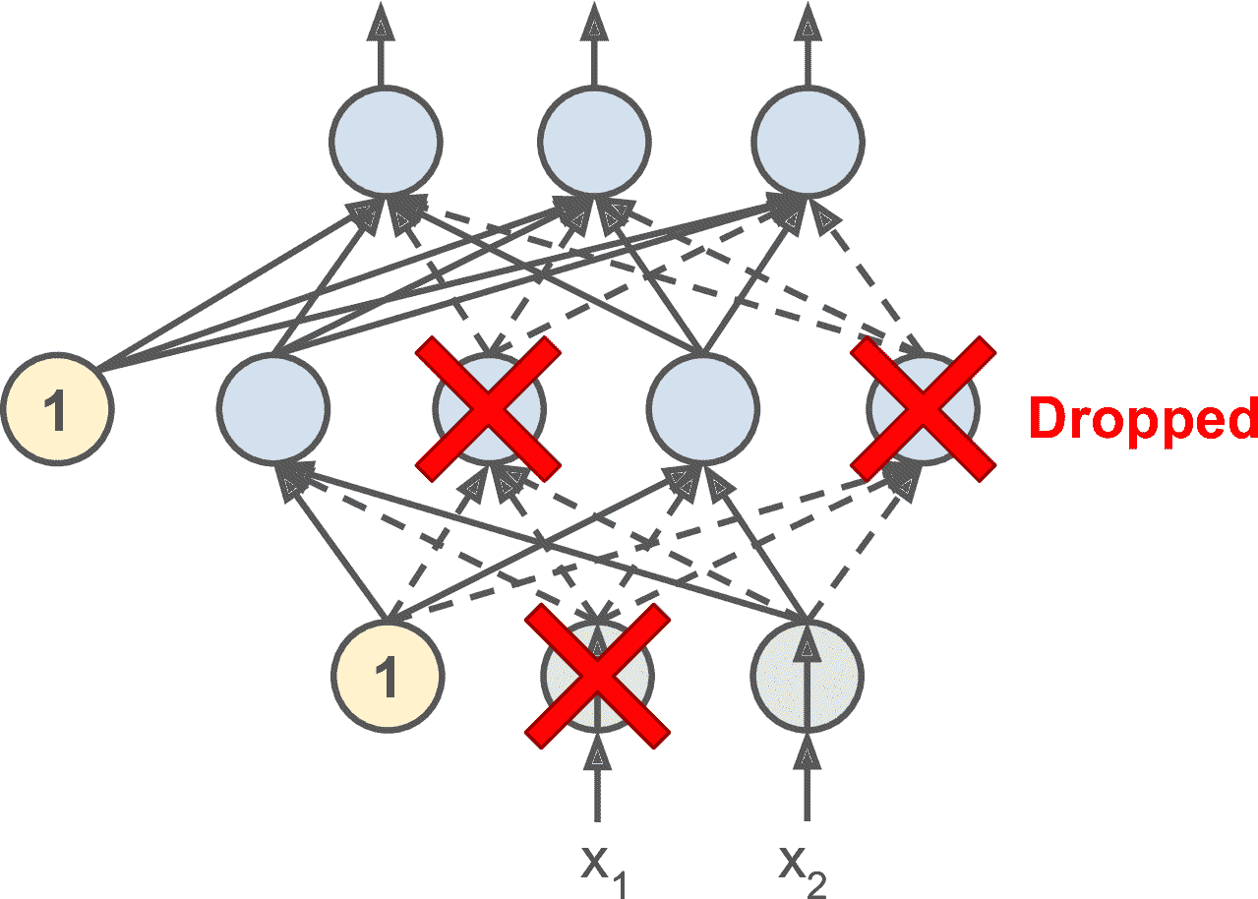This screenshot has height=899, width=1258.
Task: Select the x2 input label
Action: click(x=805, y=867)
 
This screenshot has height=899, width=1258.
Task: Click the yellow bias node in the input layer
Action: click(x=389, y=678)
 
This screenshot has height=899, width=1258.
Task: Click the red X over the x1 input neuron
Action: click(x=597, y=675)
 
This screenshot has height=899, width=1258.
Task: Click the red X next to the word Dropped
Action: click(x=922, y=407)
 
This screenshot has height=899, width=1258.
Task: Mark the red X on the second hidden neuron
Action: click(x=489, y=407)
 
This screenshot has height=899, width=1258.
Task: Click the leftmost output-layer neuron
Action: click(x=385, y=141)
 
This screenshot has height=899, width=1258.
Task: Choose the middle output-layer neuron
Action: click(x=594, y=141)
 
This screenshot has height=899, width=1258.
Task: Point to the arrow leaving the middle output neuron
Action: click(x=594, y=44)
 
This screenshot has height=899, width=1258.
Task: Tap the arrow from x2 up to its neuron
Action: click(x=808, y=782)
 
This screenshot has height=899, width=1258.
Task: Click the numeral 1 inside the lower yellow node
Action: click(x=389, y=680)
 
